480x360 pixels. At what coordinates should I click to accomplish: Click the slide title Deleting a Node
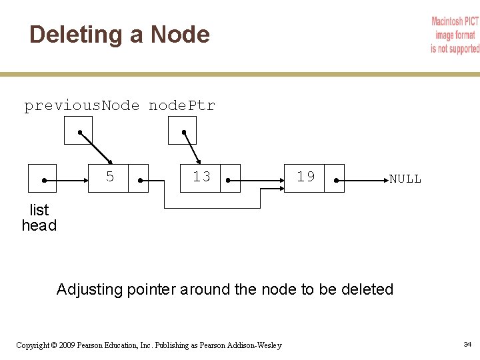[x=119, y=35]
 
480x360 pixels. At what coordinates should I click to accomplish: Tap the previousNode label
[x=82, y=105]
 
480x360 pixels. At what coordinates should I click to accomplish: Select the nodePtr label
[x=181, y=105]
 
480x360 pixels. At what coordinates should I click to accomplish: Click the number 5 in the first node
[x=110, y=177]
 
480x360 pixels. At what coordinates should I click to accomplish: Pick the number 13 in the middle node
[x=201, y=177]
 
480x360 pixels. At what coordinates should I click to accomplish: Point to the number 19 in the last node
[x=305, y=177]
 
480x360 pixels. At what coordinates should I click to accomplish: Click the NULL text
[x=405, y=179]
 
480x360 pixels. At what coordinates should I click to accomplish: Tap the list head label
[x=39, y=218]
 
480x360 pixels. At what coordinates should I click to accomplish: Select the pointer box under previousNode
[x=78, y=131]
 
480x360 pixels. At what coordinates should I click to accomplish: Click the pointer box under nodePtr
[x=182, y=131]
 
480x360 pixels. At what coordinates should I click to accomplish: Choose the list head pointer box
[x=43, y=178]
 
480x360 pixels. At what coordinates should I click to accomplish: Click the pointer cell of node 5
[x=138, y=178]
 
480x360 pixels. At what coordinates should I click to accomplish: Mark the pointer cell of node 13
[x=229, y=178]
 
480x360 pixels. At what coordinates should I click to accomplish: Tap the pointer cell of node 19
[x=334, y=178]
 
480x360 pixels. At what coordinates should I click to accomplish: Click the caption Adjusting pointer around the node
[x=225, y=289]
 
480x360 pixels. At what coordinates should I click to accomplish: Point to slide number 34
[x=467, y=344]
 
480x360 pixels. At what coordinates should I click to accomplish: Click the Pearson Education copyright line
[x=149, y=345]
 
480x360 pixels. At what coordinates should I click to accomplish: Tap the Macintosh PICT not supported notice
[x=455, y=35]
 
